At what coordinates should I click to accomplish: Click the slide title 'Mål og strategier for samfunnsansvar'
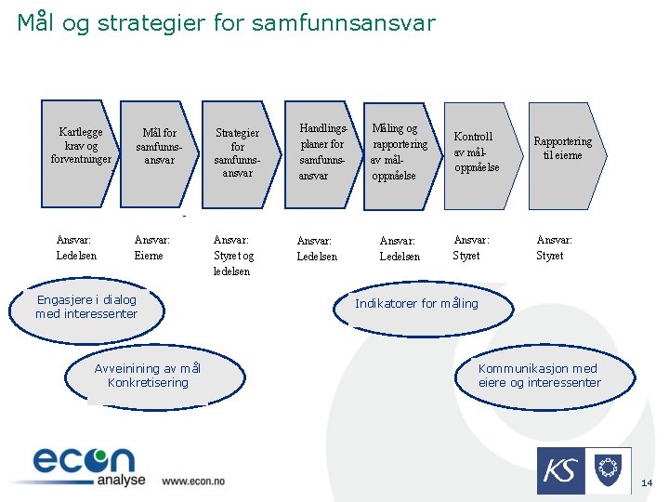tap(226, 22)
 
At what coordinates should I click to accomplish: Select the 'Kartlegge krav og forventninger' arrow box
tap(81, 146)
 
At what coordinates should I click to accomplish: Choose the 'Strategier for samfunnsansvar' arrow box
tap(237, 152)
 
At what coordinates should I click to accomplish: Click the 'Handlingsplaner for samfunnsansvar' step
tap(321, 152)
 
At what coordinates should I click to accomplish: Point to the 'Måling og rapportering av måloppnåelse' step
tap(397, 152)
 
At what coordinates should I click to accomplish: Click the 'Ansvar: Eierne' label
tap(151, 247)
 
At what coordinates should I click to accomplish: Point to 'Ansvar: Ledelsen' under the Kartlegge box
tap(76, 247)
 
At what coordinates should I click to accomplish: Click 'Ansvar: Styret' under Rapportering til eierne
tap(554, 247)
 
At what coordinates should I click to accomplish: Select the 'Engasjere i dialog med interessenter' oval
tap(86, 307)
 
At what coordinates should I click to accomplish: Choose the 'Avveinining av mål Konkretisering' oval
tap(148, 376)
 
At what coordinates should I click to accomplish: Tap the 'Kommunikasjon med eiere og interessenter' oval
tap(539, 376)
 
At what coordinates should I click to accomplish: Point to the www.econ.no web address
tap(193, 481)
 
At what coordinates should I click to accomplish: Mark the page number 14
tap(648, 483)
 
